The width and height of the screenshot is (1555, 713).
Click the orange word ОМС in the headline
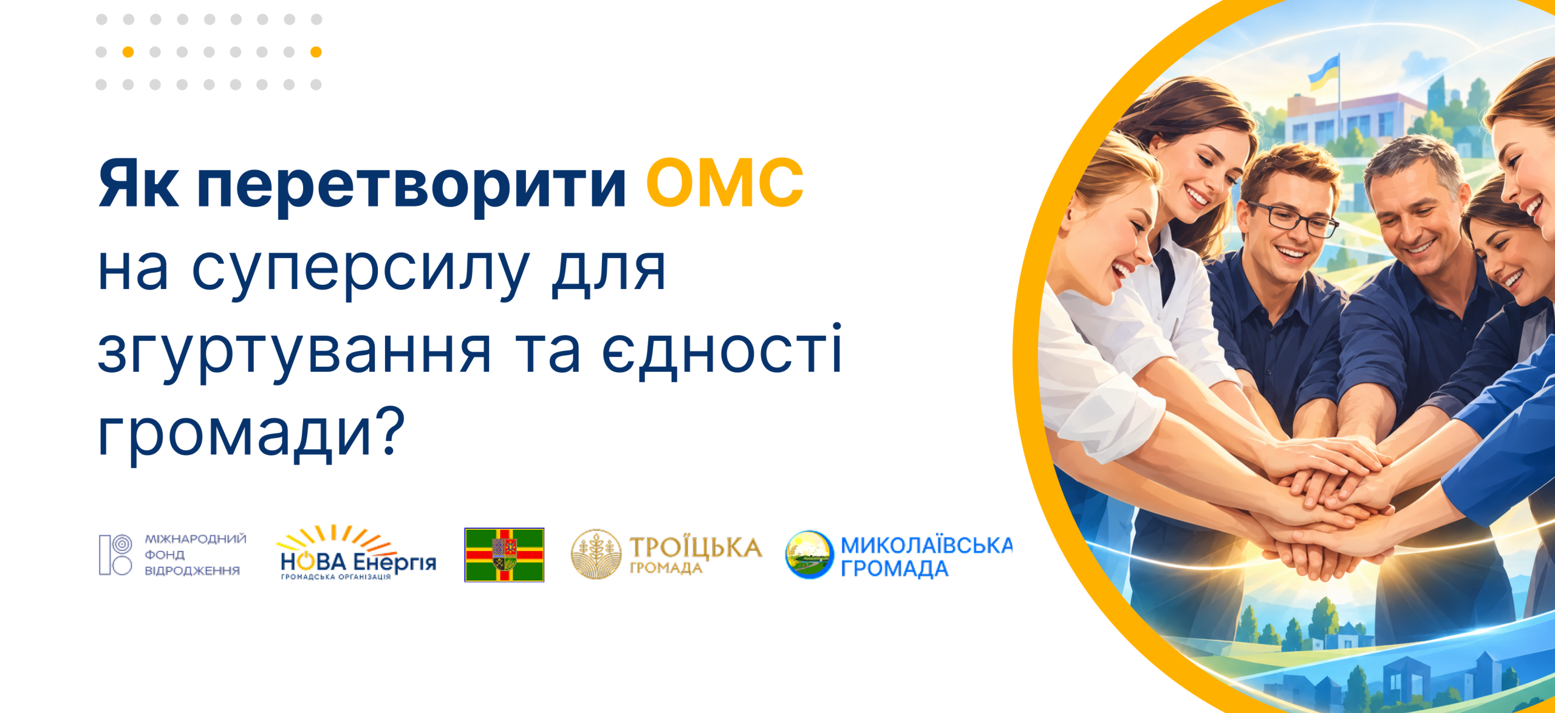click(725, 183)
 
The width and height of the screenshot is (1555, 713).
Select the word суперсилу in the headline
click(360, 272)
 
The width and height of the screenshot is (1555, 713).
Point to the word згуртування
click(295, 353)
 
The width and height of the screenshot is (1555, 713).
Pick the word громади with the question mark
click(251, 434)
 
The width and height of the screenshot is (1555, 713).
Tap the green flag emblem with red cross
click(504, 555)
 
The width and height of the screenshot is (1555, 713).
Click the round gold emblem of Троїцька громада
click(596, 554)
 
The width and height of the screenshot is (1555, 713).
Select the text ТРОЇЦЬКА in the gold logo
click(696, 547)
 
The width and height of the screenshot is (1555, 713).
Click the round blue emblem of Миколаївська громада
click(808, 554)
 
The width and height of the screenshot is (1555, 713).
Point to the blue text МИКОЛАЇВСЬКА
click(926, 545)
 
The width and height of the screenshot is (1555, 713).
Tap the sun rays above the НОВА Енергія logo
click(338, 538)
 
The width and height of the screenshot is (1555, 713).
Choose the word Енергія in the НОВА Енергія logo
click(395, 562)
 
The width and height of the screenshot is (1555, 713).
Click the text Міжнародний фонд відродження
click(195, 554)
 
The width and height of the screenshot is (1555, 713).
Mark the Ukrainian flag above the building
click(1324, 73)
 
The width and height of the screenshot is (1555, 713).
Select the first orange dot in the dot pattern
click(128, 52)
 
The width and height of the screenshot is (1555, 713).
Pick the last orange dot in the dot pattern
click(316, 52)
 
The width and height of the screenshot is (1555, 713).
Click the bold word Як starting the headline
click(138, 183)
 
